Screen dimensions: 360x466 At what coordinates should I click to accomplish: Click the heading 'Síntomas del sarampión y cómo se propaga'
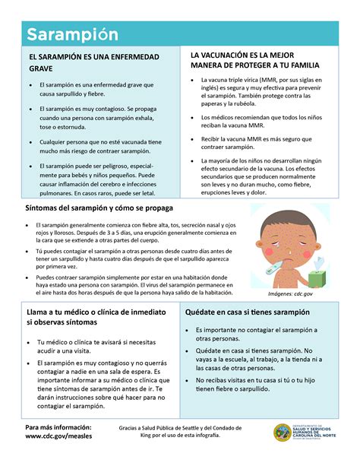[x=100, y=208]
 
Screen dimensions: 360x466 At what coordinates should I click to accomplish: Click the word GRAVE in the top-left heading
[x=43, y=68]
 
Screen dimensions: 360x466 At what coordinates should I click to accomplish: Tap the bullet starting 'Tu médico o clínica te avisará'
[x=96, y=347]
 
